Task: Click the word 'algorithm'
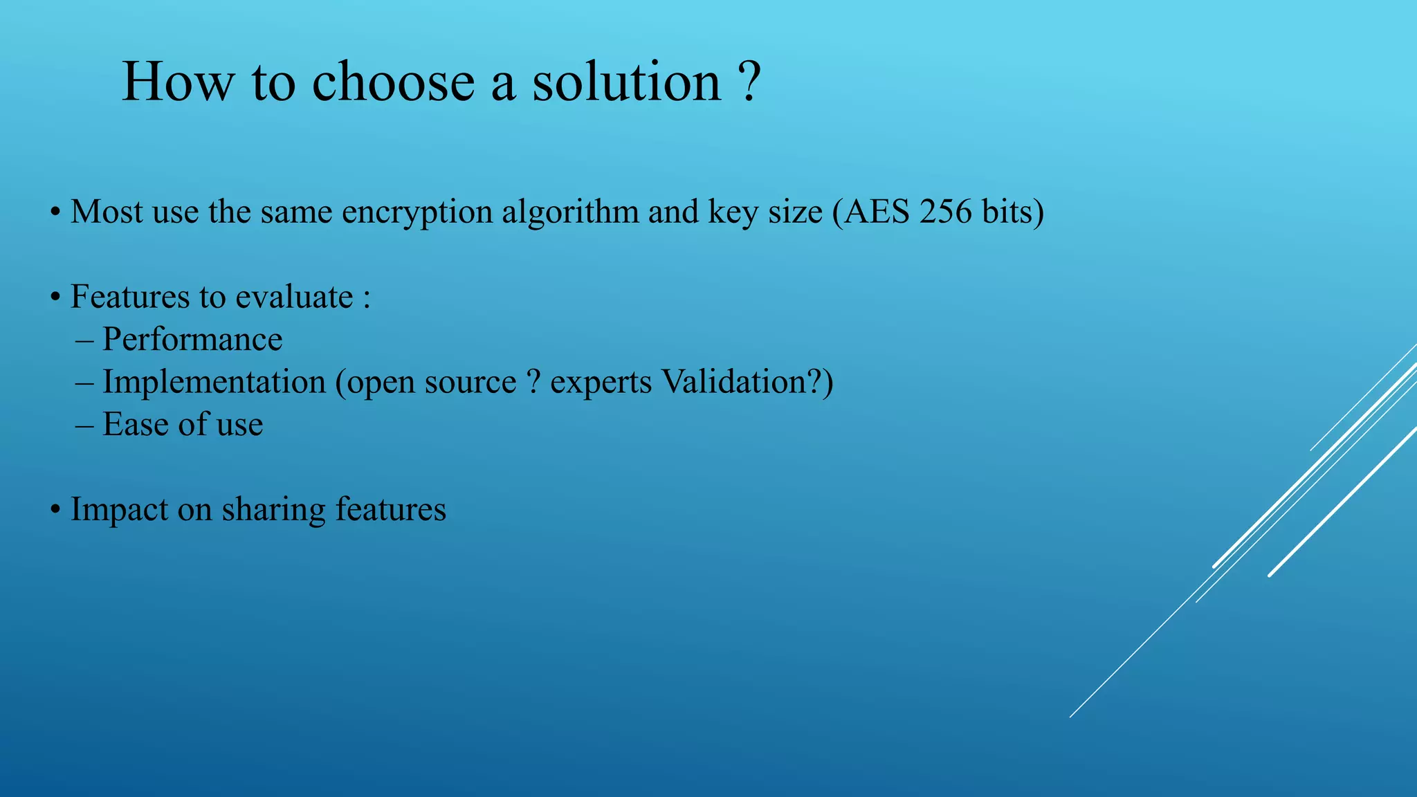pyautogui.click(x=570, y=213)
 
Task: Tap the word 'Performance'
pyautogui.click(x=192, y=340)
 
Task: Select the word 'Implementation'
pyautogui.click(x=214, y=383)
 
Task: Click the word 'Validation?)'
pyautogui.click(x=747, y=382)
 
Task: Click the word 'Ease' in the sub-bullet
pyautogui.click(x=135, y=424)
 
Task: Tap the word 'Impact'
pyautogui.click(x=120, y=511)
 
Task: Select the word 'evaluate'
pyautogui.click(x=294, y=297)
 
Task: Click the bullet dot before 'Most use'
pyautogui.click(x=55, y=213)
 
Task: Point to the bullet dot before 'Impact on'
pyautogui.click(x=55, y=511)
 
